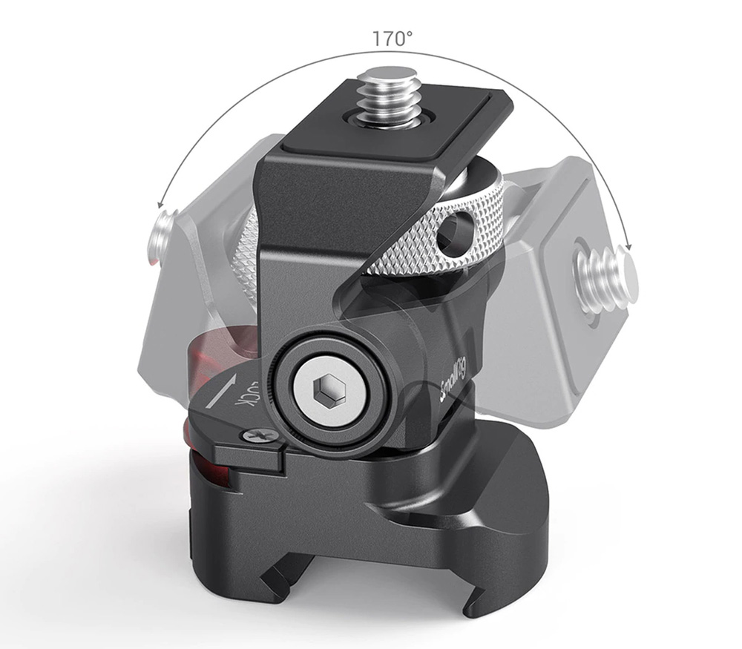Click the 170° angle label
coord(392,39)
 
